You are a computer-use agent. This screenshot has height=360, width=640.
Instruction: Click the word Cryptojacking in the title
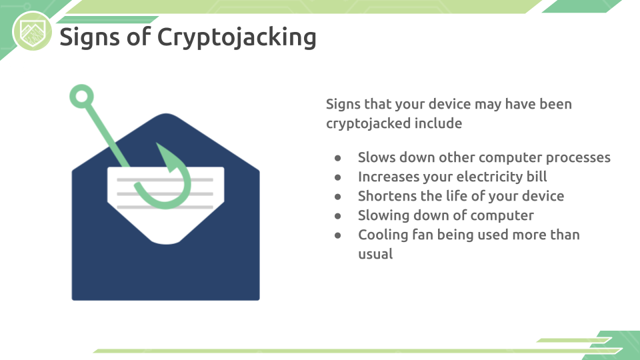(x=236, y=37)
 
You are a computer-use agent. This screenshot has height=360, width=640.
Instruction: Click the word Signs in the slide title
(x=89, y=37)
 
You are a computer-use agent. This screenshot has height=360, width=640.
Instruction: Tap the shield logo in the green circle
(x=32, y=32)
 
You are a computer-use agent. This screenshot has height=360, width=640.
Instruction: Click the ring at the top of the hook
(x=81, y=96)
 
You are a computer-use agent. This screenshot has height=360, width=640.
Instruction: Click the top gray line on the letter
(x=165, y=179)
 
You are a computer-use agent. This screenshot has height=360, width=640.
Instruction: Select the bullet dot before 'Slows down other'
(x=337, y=158)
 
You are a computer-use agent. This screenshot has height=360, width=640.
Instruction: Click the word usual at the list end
(x=375, y=254)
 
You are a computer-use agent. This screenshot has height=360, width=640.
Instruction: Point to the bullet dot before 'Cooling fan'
(x=337, y=235)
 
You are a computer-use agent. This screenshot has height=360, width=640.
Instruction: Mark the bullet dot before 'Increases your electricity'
(x=337, y=177)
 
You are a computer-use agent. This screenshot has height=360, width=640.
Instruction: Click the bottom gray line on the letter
(x=165, y=207)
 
